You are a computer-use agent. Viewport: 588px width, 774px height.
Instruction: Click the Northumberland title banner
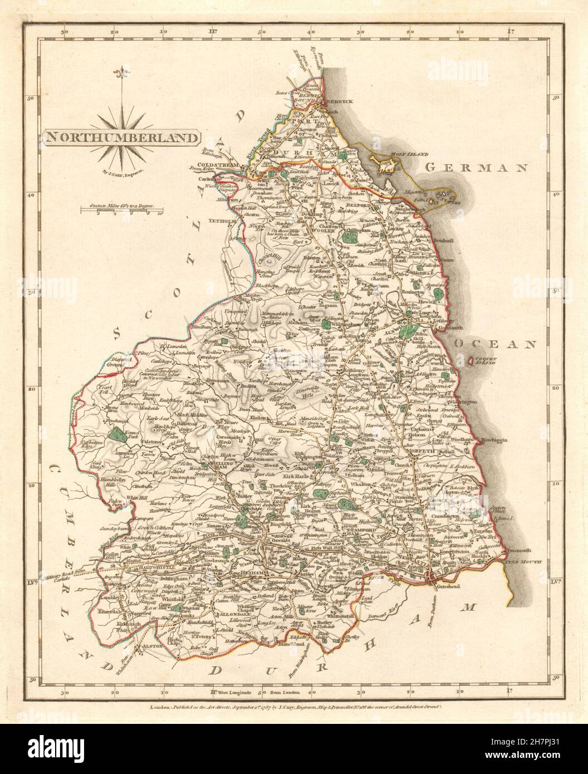point(120,137)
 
